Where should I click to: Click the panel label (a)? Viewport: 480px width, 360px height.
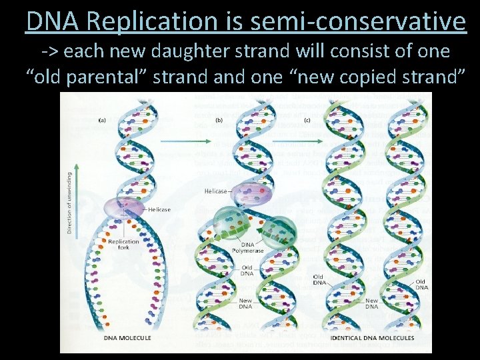pyautogui.click(x=103, y=120)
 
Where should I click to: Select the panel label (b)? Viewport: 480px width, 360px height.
pyautogui.click(x=219, y=120)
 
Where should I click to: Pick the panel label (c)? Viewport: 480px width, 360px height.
pyautogui.click(x=307, y=120)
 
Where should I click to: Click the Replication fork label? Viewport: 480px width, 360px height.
pyautogui.click(x=123, y=244)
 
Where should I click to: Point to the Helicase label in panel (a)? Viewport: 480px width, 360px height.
pyautogui.click(x=159, y=209)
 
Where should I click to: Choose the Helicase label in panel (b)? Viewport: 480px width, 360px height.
pyautogui.click(x=217, y=191)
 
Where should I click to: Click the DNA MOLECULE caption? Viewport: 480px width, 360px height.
pyautogui.click(x=127, y=338)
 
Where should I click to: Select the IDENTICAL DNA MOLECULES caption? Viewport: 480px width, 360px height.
pyautogui.click(x=372, y=338)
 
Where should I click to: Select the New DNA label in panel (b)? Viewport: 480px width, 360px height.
pyautogui.click(x=246, y=303)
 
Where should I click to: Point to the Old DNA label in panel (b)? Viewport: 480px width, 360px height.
pyautogui.click(x=246, y=270)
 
